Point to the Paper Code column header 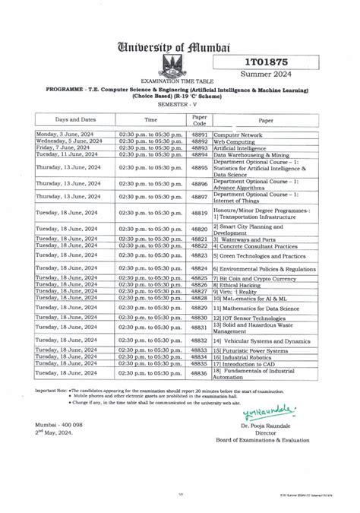[200, 120]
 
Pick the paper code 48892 [200, 141]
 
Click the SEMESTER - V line [179, 105]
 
